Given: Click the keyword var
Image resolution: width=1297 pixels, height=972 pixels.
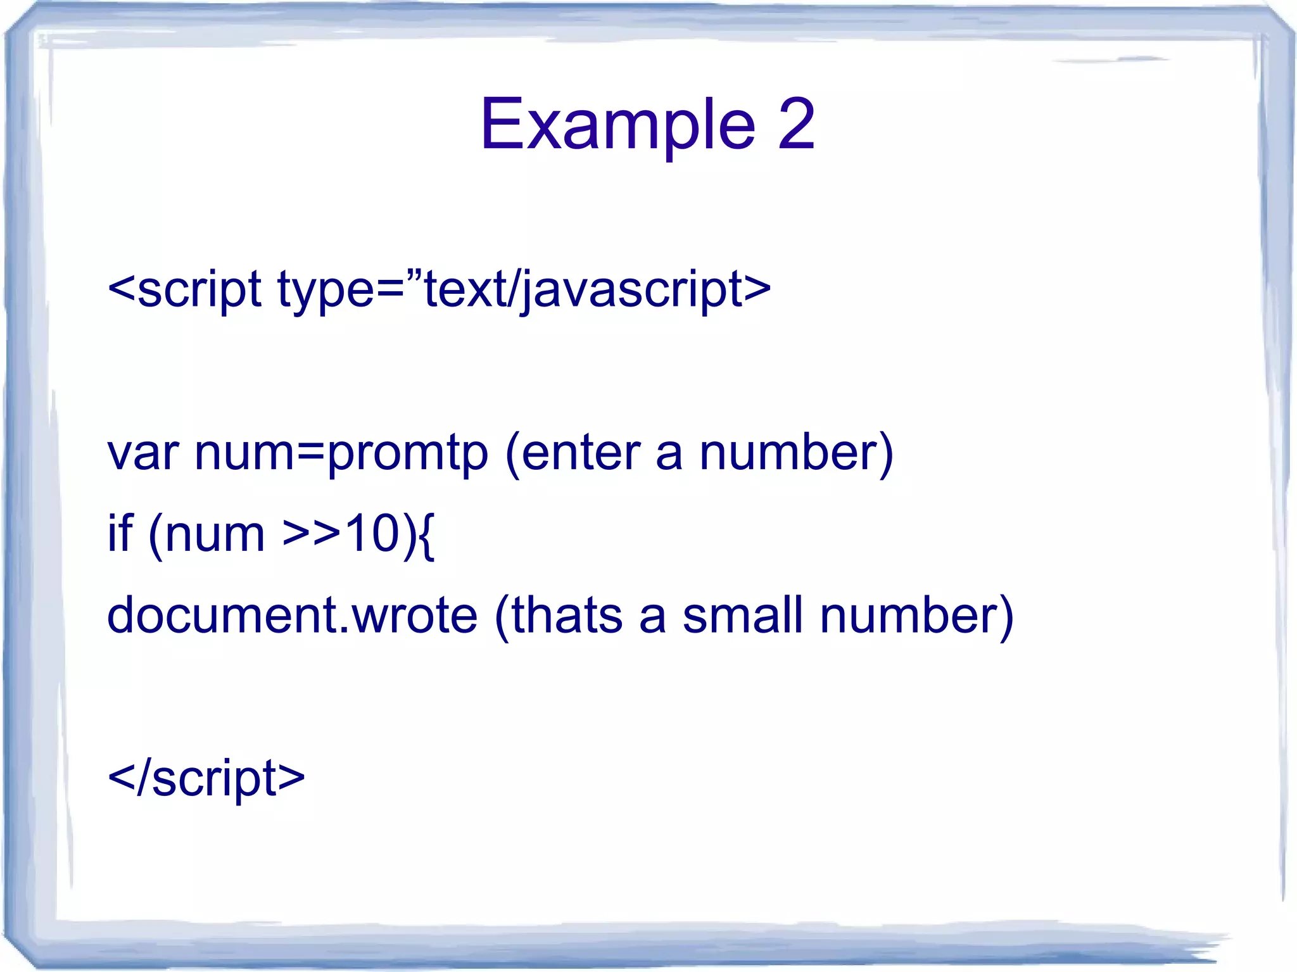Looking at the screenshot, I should pos(143,453).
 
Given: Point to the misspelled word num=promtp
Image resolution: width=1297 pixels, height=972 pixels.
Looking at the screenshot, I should pos(342,453).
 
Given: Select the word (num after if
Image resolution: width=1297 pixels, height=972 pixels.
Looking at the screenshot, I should pos(206,533).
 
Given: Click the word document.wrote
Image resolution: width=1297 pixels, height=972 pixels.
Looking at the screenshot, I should pos(292,615).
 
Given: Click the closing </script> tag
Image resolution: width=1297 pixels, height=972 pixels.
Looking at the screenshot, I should pos(206,778).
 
